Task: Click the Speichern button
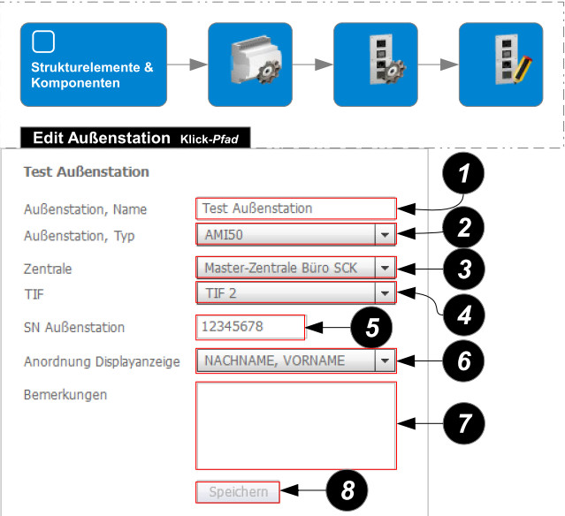238,491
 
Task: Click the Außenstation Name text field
295,209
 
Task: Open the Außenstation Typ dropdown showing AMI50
295,236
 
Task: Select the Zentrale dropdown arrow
384,268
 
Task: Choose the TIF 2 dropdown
295,293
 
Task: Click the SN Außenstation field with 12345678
250,327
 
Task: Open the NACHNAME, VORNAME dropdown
295,360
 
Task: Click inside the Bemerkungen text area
295,426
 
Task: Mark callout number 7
464,424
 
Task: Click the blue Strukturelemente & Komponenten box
92,64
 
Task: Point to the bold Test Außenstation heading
86,171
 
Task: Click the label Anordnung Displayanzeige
102,360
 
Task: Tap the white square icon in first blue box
43,42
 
